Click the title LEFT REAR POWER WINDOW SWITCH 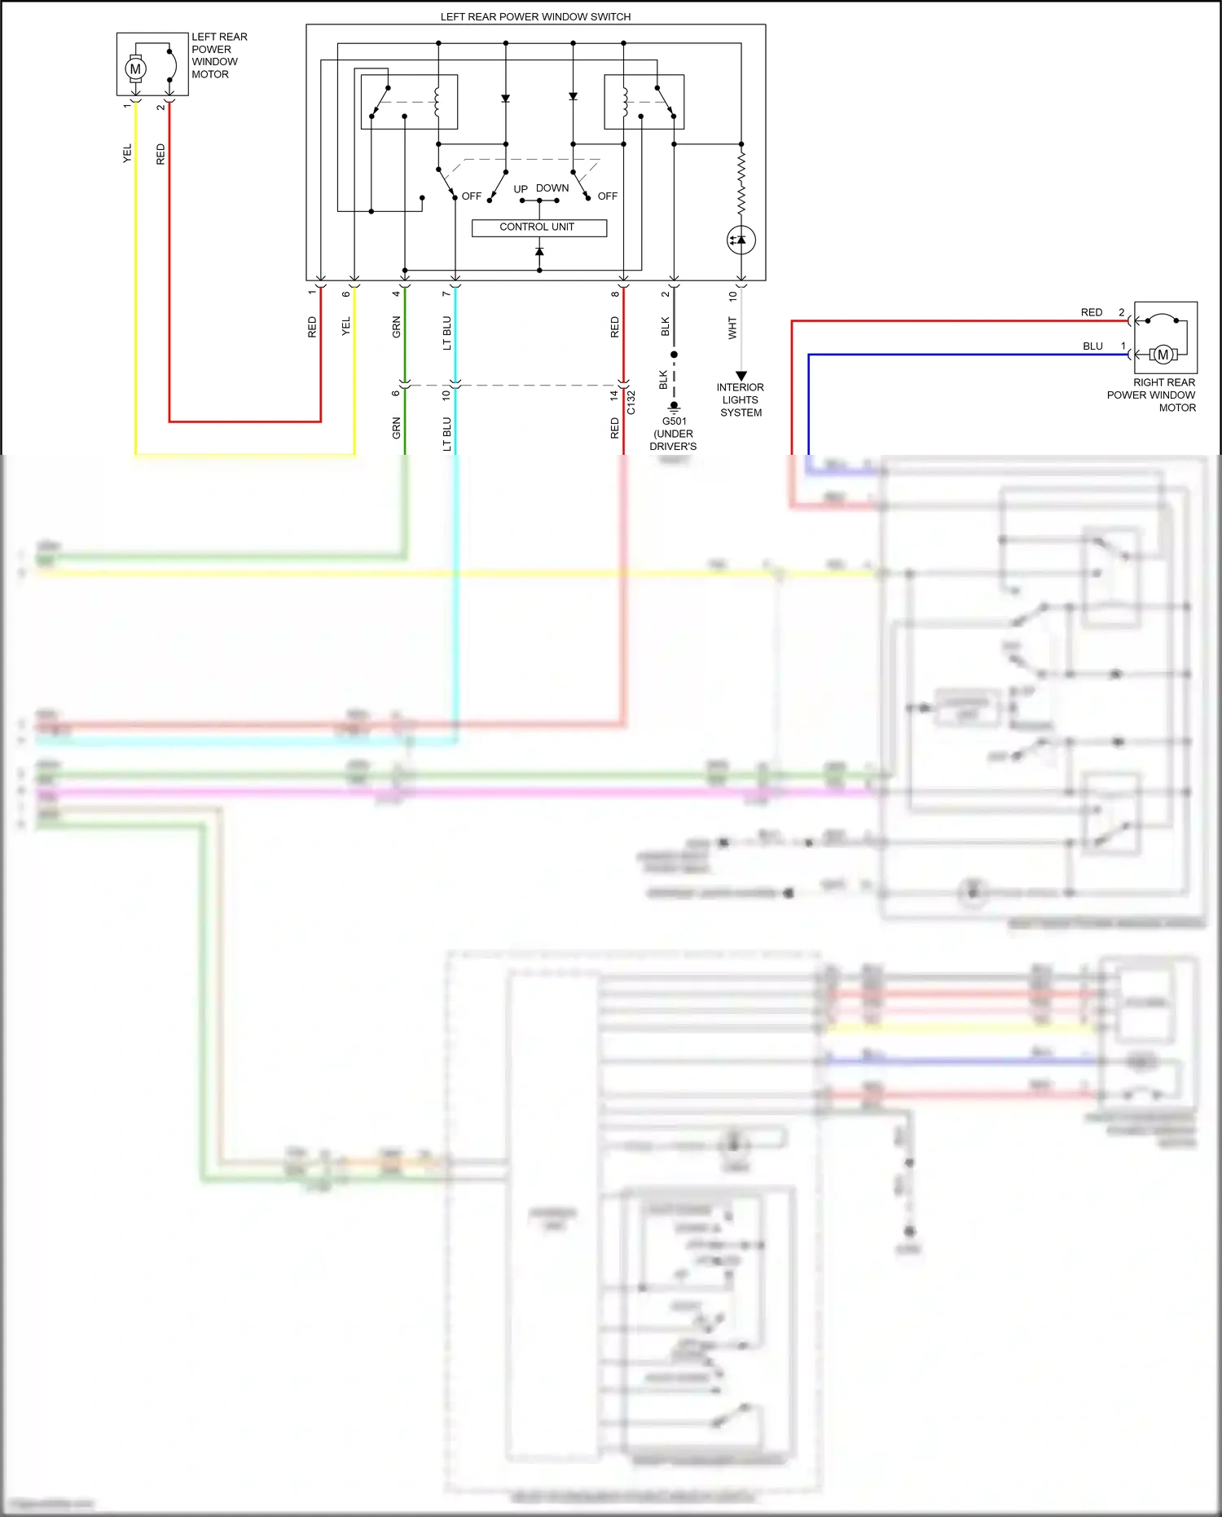[x=535, y=16]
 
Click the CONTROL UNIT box [x=538, y=227]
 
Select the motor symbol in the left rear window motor [x=136, y=69]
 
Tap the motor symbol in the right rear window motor [x=1163, y=355]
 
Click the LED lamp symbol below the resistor [x=741, y=240]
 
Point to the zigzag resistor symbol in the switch [x=741, y=183]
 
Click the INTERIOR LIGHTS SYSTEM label [x=741, y=400]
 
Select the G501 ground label [x=674, y=421]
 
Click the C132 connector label [x=631, y=403]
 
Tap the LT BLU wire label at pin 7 [x=446, y=333]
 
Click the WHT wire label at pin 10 [x=732, y=328]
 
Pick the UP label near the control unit [x=521, y=189]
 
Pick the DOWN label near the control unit [x=552, y=188]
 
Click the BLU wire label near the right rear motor [x=1092, y=346]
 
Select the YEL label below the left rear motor [x=127, y=153]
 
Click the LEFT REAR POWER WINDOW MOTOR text [x=218, y=55]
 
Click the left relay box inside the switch [x=409, y=102]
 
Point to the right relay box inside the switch [x=644, y=102]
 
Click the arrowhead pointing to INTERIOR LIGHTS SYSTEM [x=741, y=376]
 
